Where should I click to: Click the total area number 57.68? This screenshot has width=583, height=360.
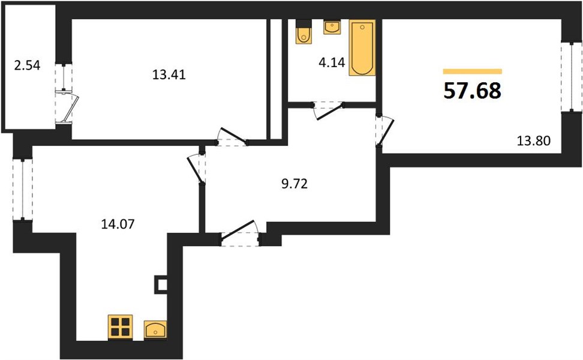coord(472,91)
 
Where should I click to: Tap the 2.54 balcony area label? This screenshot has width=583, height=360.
coord(27,65)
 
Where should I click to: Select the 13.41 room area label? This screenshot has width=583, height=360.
coord(169,75)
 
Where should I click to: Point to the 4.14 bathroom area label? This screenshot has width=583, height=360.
coord(332,62)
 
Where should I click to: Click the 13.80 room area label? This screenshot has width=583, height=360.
coord(534,141)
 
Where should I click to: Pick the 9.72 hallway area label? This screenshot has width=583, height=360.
coord(294,184)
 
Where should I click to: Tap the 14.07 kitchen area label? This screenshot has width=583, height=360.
coord(118,224)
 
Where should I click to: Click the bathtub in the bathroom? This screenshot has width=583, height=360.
coord(362,47)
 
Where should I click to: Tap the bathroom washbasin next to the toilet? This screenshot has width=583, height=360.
coord(332,27)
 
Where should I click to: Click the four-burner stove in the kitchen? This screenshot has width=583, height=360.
coord(120,327)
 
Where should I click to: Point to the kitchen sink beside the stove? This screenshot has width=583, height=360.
coord(155,329)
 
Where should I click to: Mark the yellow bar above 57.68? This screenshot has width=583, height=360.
coord(472,71)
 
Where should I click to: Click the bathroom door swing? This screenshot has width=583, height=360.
coord(328,111)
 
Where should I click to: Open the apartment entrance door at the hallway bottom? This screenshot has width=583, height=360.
coord(240,233)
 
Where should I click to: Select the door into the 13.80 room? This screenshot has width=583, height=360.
coord(385,131)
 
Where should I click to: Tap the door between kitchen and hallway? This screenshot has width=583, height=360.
coord(196,169)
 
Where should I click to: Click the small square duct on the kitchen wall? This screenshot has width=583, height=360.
coord(161,285)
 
